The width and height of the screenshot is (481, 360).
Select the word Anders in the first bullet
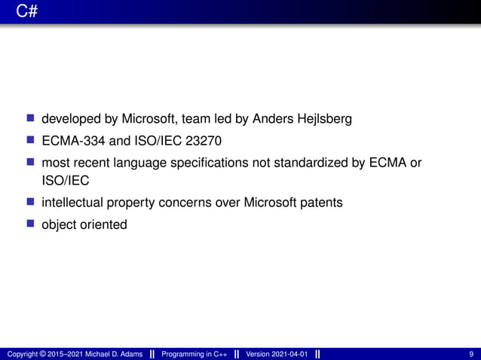272,119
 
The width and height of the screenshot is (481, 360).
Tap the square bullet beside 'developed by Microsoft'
31,119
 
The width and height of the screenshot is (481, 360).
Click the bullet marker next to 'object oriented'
31,224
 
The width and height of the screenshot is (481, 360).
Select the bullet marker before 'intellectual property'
31,203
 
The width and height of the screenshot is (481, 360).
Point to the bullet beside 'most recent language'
31,161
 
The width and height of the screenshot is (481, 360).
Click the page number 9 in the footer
471,354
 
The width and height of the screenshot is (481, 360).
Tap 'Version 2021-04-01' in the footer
277,354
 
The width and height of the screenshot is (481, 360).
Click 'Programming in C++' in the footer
195,354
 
